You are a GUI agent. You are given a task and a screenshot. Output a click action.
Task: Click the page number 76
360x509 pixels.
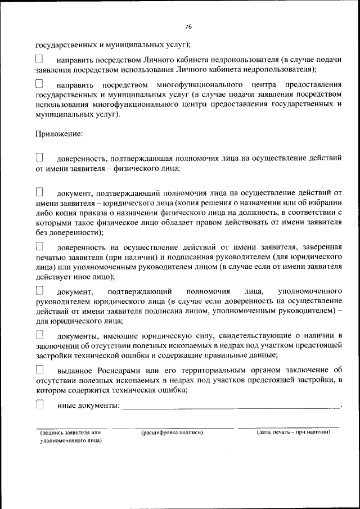click(188, 27)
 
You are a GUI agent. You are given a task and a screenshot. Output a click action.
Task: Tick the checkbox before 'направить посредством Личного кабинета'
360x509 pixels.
click(39, 59)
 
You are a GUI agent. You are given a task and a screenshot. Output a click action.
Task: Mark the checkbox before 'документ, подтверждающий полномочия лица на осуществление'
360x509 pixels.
click(39, 192)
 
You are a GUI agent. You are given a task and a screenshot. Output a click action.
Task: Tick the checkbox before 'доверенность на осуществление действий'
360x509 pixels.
click(39, 246)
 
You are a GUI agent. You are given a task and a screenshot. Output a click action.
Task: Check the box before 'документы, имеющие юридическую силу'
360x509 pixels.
click(39, 335)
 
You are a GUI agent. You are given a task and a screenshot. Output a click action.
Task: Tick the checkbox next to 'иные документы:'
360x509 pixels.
click(39, 404)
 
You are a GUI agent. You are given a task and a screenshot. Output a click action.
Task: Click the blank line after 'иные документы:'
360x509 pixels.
click(231, 406)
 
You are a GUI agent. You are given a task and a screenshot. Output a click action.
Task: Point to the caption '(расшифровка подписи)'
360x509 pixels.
click(172, 433)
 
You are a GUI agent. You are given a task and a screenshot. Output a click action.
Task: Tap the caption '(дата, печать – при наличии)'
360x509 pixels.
click(292, 433)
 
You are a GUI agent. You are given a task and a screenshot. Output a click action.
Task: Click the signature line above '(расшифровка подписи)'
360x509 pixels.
click(172, 427)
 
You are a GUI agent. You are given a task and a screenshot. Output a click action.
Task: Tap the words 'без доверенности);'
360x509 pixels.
click(69, 232)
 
